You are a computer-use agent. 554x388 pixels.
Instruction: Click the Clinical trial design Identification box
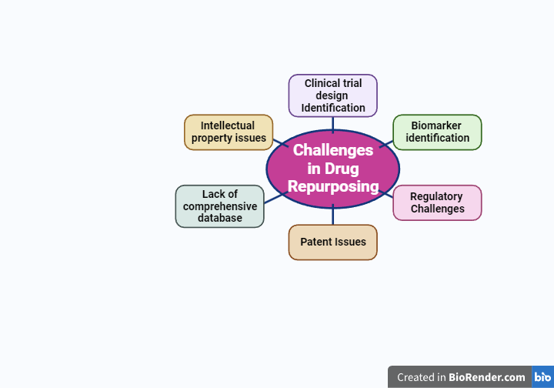click(x=332, y=95)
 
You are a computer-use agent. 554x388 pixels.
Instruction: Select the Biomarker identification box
click(x=437, y=132)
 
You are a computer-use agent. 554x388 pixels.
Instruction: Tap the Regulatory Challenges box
click(x=437, y=202)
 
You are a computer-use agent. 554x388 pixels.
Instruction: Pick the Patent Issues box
click(x=332, y=242)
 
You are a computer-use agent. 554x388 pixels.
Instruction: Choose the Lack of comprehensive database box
click(x=220, y=206)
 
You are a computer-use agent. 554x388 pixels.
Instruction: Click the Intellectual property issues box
click(x=229, y=132)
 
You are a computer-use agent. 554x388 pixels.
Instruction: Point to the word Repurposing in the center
click(x=333, y=186)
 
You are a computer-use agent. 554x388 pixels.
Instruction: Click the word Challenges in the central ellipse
click(x=333, y=150)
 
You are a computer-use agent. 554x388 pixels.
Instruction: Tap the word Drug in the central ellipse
click(x=341, y=169)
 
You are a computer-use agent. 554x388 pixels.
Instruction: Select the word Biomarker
click(x=436, y=125)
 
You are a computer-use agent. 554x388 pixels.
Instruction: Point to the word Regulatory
click(x=436, y=196)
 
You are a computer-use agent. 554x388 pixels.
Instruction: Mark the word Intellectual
click(x=228, y=125)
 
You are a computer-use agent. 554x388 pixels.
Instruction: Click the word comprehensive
click(x=220, y=206)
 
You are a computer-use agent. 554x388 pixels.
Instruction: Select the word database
click(x=220, y=218)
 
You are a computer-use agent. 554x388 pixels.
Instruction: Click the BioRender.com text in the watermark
click(x=488, y=377)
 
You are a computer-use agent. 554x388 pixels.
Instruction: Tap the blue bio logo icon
click(x=542, y=377)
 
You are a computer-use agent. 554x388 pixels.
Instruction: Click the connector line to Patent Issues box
click(x=332, y=216)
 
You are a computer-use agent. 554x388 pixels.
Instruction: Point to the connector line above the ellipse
click(x=332, y=123)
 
